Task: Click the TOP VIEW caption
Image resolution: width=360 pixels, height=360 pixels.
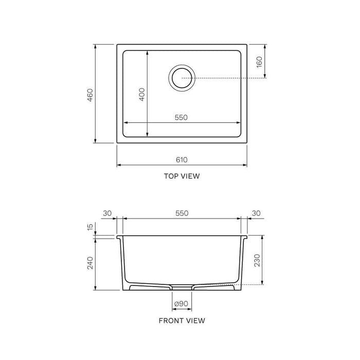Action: point(182,176)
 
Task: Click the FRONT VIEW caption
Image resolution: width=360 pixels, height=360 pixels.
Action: point(182,320)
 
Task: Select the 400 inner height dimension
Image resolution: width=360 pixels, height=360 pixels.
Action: point(142,94)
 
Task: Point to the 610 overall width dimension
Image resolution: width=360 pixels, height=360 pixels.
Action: point(182,160)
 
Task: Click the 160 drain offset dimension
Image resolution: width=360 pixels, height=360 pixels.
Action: point(259,62)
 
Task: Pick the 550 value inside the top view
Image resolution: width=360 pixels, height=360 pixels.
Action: point(181,117)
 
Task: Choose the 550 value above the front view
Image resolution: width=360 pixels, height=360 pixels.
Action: point(182,213)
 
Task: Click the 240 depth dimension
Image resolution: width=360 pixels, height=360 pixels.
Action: point(90,263)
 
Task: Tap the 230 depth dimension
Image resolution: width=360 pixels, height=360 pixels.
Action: point(258,261)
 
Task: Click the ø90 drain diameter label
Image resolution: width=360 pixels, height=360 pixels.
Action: point(182,304)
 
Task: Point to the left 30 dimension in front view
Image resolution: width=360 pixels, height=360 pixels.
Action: point(107,213)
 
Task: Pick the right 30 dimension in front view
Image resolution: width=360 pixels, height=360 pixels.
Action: point(256,213)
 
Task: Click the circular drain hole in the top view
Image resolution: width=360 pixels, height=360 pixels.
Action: point(182,78)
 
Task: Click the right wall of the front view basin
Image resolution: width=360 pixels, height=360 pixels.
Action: point(241,262)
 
